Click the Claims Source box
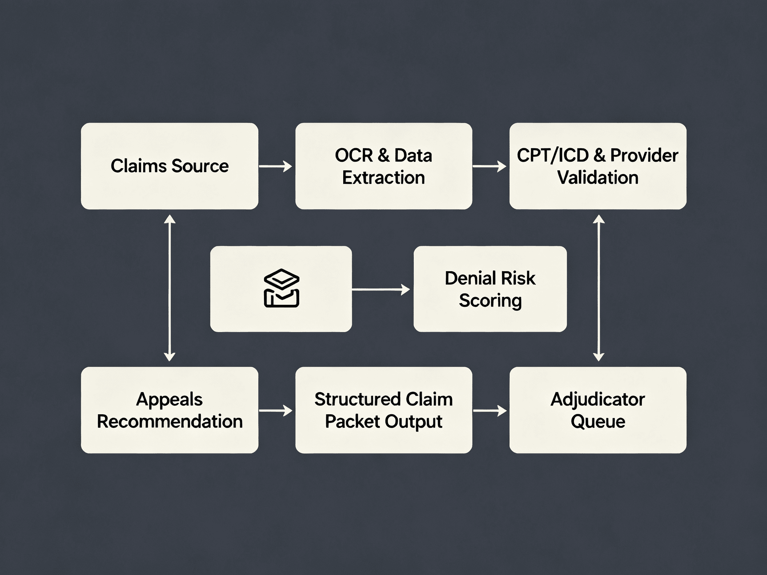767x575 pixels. pyautogui.click(x=169, y=166)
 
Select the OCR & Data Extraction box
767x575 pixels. pyautogui.click(x=383, y=166)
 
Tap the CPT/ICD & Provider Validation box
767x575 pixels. pyautogui.click(x=598, y=166)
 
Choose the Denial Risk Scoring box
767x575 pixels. pyautogui.click(x=490, y=289)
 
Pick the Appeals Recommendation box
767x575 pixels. pyautogui.click(x=169, y=410)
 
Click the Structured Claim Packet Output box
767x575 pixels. pyautogui.click(x=383, y=410)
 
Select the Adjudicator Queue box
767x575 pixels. pyautogui.click(x=598, y=410)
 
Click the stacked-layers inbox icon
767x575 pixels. pyautogui.click(x=281, y=288)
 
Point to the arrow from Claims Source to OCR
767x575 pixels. pyautogui.click(x=276, y=166)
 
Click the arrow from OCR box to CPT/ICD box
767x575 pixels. pyautogui.click(x=489, y=166)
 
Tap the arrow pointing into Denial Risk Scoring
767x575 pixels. pyautogui.click(x=381, y=289)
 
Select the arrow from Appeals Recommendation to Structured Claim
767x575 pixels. pyautogui.click(x=276, y=411)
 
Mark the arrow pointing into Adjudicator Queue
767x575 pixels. pyautogui.click(x=490, y=411)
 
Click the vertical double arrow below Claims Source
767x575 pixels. pyautogui.click(x=169, y=288)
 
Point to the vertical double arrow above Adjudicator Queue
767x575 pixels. pyautogui.click(x=599, y=288)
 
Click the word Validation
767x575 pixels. pyautogui.click(x=598, y=177)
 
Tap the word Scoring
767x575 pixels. pyautogui.click(x=490, y=300)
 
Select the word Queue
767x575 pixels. pyautogui.click(x=598, y=422)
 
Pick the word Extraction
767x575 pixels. pyautogui.click(x=383, y=177)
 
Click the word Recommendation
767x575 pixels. pyautogui.click(x=169, y=422)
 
